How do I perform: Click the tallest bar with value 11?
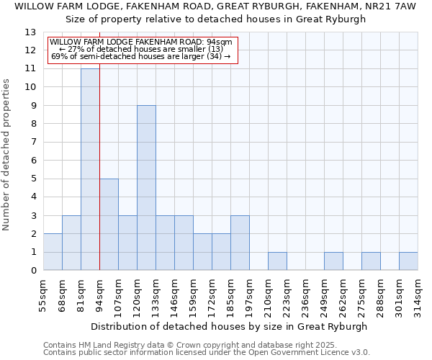[x=90, y=169]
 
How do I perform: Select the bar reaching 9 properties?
[x=146, y=188]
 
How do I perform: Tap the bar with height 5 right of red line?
[x=109, y=225]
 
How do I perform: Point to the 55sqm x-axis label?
[x=43, y=294]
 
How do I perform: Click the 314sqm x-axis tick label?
[x=418, y=294]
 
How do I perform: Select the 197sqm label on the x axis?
[x=249, y=294]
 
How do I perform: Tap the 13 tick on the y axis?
[x=30, y=32]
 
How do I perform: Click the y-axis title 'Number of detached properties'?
[x=7, y=155]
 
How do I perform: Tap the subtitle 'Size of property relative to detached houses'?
[x=216, y=19]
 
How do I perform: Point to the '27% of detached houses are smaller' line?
[x=141, y=49]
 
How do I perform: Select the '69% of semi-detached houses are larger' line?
[x=141, y=56]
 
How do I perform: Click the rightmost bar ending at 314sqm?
[x=408, y=261]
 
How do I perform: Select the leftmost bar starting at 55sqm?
[x=53, y=252]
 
